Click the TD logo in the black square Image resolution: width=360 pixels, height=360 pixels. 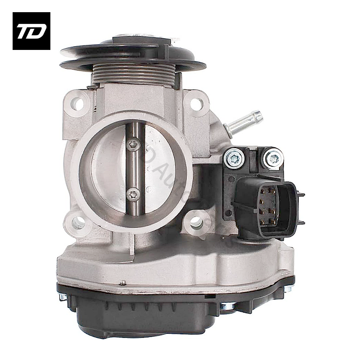point(31,31)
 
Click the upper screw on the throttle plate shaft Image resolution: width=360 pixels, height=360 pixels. point(133,144)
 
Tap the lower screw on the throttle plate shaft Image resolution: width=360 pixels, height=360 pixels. point(133,194)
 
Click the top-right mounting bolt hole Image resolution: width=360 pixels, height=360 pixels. point(196,104)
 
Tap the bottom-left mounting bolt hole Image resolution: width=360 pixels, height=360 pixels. point(78,222)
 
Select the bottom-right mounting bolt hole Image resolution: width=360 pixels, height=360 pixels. point(196,221)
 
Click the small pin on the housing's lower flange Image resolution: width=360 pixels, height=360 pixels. point(122,283)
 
